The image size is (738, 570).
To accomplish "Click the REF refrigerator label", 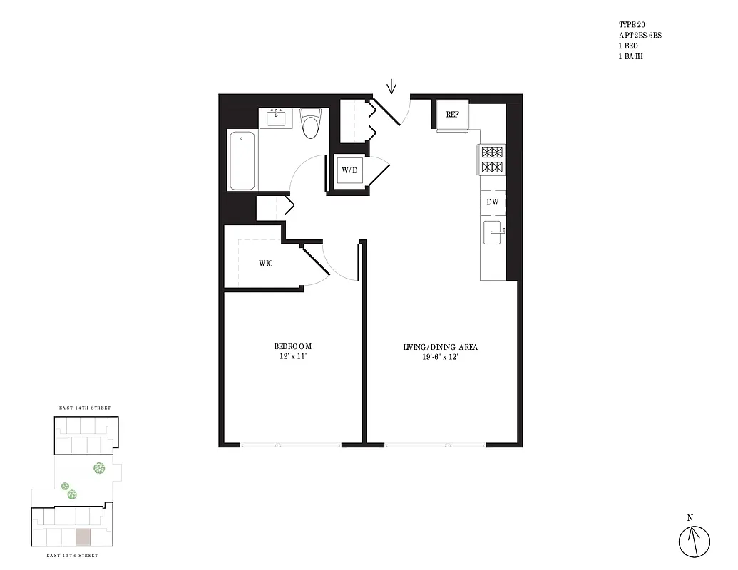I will [452, 115].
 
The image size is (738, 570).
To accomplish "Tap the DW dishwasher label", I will [492, 202].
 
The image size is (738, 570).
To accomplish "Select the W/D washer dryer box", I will [349, 170].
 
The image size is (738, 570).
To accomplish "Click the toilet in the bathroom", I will [310, 124].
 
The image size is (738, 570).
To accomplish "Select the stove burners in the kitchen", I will [492, 160].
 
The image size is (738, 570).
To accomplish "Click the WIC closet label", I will [266, 263].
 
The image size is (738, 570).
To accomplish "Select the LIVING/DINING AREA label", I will [440, 347].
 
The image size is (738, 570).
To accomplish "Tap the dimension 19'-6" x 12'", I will [440, 357].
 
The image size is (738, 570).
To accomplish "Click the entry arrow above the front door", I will [391, 88].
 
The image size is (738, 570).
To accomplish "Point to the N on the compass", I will [690, 518].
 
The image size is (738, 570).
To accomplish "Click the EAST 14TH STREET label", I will [86, 408].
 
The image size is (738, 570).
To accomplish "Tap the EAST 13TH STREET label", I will [72, 555].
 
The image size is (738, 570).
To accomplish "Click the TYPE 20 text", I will [632, 24].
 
